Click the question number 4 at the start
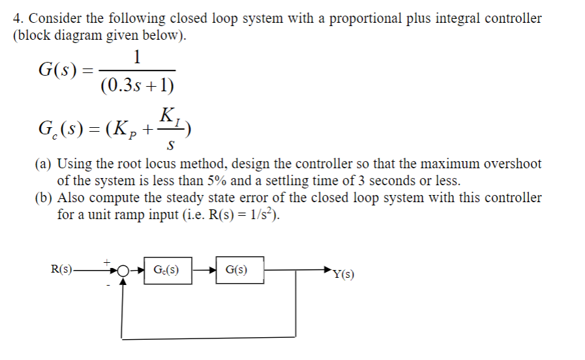[17, 18]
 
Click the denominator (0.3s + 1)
[137, 85]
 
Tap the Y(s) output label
[343, 274]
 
